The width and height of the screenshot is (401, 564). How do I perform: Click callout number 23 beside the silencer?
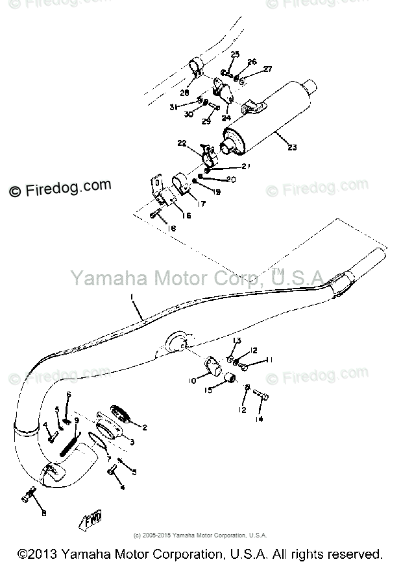pyautogui.click(x=292, y=147)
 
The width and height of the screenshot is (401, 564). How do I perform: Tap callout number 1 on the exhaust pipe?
pyautogui.click(x=133, y=298)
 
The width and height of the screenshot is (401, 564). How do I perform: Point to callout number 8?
pyautogui.click(x=43, y=514)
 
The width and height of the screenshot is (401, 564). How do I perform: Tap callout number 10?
pyautogui.click(x=192, y=382)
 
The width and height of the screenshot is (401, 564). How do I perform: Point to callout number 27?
pyautogui.click(x=267, y=69)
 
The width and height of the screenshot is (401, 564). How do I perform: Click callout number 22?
pyautogui.click(x=182, y=143)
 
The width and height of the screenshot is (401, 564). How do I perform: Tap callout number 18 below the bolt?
pyautogui.click(x=171, y=229)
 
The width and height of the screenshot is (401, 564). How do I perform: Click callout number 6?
pyautogui.click(x=69, y=394)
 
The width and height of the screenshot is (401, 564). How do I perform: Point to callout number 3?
pyautogui.click(x=132, y=442)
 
